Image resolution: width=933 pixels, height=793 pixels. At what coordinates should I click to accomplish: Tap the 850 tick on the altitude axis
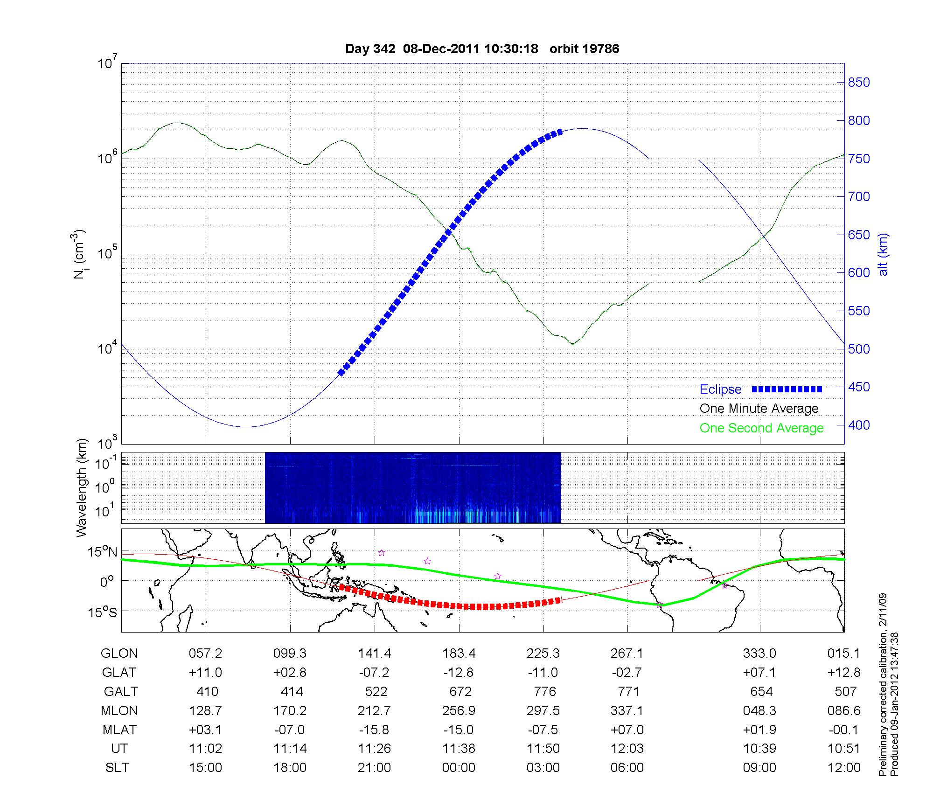858,83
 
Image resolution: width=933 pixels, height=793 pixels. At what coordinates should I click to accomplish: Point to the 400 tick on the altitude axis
858,425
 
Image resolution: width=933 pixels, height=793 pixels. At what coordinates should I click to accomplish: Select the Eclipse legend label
720,390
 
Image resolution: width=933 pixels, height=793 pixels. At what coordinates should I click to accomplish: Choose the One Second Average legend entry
761,428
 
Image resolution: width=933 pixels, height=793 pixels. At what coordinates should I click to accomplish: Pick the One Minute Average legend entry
759,409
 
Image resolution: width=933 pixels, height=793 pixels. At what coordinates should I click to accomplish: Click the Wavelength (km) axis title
82,487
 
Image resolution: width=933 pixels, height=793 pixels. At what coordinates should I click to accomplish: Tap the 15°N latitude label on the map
103,552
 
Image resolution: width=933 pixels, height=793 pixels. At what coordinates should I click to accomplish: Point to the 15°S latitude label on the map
103,612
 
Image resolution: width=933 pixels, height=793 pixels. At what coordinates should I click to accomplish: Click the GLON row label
119,654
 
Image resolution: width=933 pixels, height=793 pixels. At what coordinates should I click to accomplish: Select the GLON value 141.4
374,654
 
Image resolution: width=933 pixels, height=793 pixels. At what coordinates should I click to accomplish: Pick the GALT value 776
543,691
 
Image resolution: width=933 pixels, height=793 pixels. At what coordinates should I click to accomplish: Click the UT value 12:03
627,749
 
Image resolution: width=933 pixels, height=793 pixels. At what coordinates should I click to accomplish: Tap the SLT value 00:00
459,767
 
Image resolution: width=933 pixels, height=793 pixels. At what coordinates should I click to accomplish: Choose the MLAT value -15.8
374,730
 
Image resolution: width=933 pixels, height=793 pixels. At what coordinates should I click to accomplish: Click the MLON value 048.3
759,710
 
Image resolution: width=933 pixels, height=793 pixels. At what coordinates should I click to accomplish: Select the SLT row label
117,767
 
